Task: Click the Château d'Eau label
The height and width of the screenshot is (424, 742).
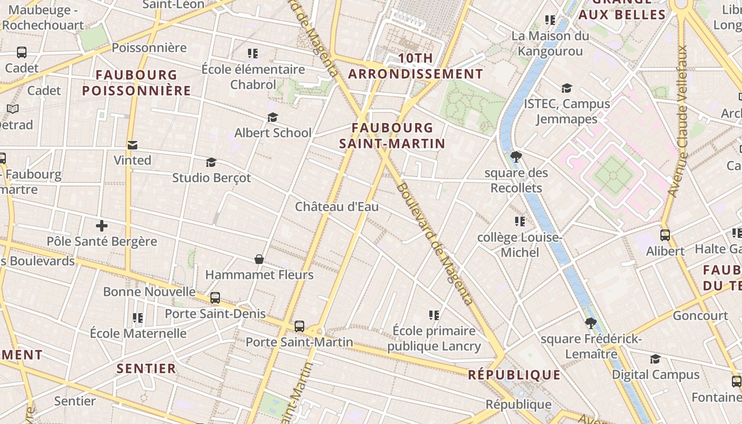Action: (337, 207)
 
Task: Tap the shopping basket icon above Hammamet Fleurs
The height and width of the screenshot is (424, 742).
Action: (259, 259)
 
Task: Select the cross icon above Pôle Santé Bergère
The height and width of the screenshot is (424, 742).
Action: (102, 226)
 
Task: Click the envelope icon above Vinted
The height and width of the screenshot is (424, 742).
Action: (132, 145)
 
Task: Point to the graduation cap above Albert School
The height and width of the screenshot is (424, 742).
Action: (272, 117)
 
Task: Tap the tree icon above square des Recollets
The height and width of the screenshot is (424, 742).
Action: (516, 157)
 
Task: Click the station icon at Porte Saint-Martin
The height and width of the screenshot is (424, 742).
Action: (299, 326)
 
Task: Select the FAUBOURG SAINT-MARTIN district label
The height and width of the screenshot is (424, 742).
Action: (392, 136)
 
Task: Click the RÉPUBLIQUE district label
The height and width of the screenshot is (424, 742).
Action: (514, 375)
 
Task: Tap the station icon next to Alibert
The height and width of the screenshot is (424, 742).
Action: (665, 235)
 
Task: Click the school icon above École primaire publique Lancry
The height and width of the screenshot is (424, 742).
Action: (434, 315)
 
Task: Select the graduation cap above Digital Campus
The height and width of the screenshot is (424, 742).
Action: (656, 359)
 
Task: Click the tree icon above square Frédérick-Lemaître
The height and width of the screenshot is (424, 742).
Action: (591, 323)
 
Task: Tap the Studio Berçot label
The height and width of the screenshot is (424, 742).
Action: (211, 178)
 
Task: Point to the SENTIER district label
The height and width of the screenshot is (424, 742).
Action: (146, 368)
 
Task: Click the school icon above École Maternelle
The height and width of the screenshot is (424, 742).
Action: (138, 318)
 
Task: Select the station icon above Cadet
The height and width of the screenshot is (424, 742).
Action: (22, 52)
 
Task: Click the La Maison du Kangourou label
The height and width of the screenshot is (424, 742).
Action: (550, 43)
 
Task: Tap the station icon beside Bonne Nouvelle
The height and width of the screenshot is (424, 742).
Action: (215, 298)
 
